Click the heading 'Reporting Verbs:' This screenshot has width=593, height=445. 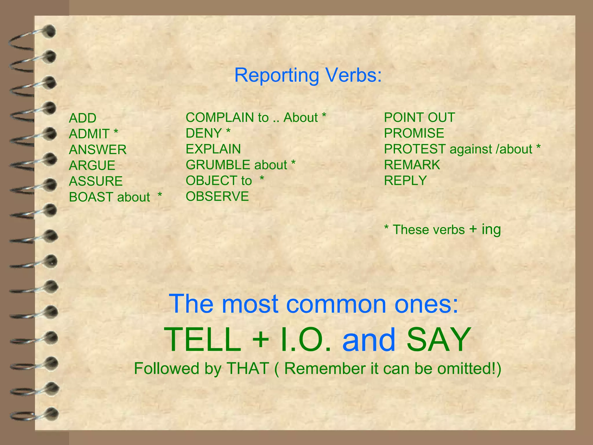coord(308,75)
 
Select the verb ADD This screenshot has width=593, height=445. coord(83,118)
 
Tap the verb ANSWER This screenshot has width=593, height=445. coord(98,150)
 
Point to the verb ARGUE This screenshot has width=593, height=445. coord(92,166)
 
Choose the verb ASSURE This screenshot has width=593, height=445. coord(96,181)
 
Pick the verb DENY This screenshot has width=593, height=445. coord(204,133)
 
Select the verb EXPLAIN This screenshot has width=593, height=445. coord(213,149)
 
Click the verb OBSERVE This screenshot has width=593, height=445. coord(217,196)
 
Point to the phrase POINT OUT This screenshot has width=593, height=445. coord(419,118)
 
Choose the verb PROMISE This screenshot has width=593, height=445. coord(414,133)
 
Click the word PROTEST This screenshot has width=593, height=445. coord(415,149)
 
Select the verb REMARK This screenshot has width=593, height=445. coord(412,165)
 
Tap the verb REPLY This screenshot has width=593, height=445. coord(405,181)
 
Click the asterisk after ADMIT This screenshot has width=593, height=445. coord(116,132)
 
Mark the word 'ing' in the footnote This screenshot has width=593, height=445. coord(491,229)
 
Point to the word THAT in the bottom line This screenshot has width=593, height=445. coord(248,369)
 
